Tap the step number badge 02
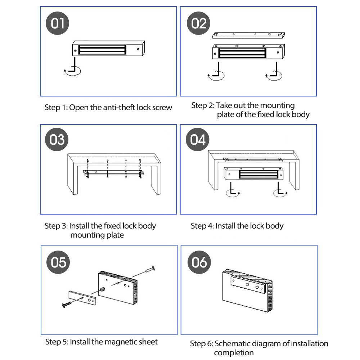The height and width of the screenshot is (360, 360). coord(199,24)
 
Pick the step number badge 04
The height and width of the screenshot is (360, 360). coord(198,139)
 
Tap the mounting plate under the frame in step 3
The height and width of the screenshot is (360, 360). coord(113,173)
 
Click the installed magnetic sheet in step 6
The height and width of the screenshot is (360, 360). coord(248,286)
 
